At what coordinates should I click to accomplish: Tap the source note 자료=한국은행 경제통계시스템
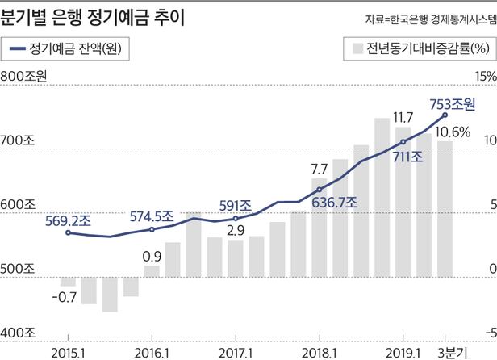pos(425,18)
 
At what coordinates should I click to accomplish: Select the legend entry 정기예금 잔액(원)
pos(75,47)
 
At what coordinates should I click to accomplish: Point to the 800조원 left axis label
pos(25,77)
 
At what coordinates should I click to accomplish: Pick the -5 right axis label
pos(487,332)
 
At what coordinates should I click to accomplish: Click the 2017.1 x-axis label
pos(235,352)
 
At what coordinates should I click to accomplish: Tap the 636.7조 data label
pos(332,202)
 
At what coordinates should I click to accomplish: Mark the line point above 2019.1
pos(402,142)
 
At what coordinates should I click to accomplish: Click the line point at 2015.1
pos(69,233)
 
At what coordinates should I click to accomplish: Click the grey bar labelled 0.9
pos(152,270)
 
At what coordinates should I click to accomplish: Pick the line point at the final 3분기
pos(444,115)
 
